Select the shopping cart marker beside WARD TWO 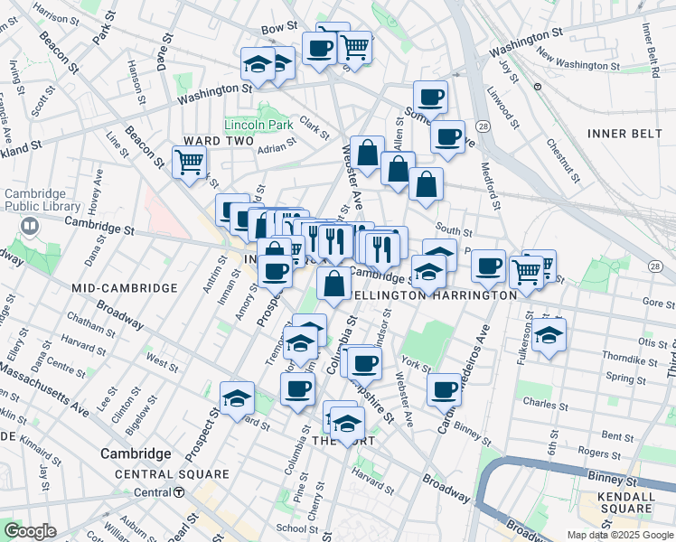coord(190,164)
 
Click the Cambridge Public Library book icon coord(30,226)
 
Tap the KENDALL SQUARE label coord(620,502)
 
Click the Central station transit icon coord(180,492)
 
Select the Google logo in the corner coord(31,531)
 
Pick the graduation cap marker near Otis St coord(549,335)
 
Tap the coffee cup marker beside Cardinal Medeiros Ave coord(445,389)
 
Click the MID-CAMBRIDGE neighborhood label coord(124,287)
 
